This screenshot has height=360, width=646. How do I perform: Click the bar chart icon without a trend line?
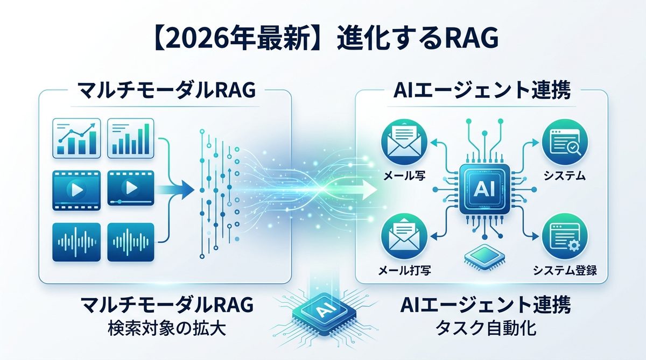(130, 138)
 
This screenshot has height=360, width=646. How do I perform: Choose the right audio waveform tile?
(130, 242)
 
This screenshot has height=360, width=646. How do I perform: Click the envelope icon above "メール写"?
(402, 143)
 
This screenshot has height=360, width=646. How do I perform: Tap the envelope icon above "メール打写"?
(402, 235)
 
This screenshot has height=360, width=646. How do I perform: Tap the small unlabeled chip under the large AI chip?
(483, 258)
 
